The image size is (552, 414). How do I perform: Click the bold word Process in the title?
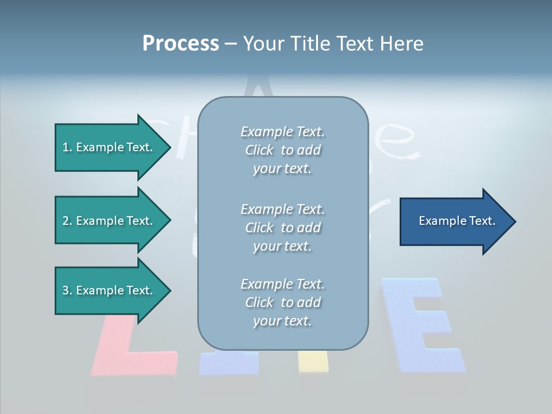click(x=181, y=44)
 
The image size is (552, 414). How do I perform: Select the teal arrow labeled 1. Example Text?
click(x=109, y=147)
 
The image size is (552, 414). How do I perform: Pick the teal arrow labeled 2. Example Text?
click(x=109, y=221)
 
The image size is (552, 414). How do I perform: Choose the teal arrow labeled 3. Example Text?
click(x=109, y=290)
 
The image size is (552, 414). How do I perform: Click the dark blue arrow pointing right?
click(x=454, y=221)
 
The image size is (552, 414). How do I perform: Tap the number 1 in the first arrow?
click(x=66, y=147)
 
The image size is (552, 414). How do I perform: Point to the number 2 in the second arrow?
click(x=66, y=221)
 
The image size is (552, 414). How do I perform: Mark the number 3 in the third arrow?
click(x=66, y=290)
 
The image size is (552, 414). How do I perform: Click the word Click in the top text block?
click(x=259, y=151)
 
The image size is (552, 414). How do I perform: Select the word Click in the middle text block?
click(x=259, y=228)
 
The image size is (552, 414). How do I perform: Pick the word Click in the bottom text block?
click(x=259, y=302)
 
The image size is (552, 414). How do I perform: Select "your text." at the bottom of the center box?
click(x=282, y=321)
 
